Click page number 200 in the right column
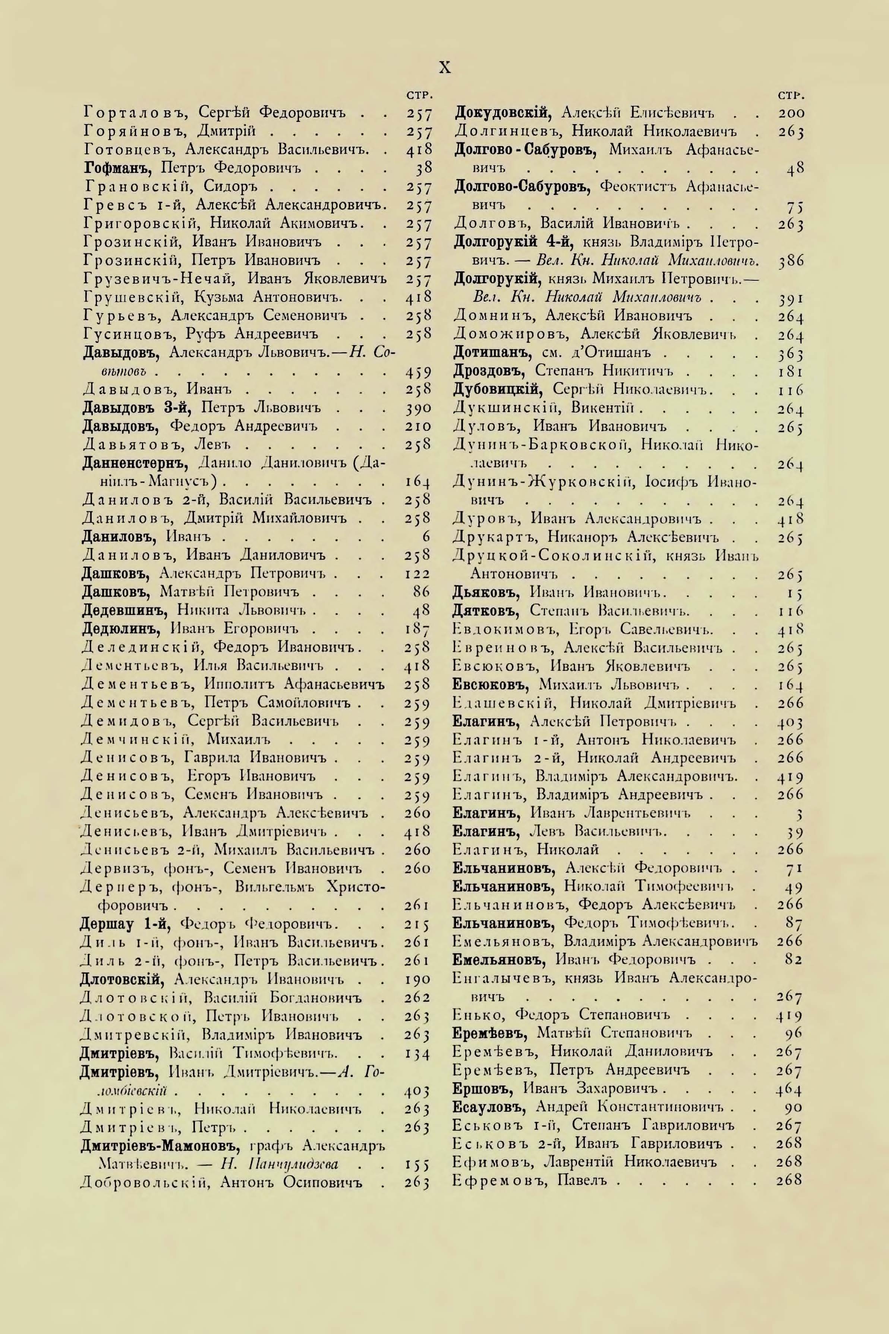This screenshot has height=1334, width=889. [x=791, y=113]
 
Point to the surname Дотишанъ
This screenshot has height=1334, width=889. [x=492, y=353]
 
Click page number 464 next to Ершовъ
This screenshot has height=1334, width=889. [x=789, y=1089]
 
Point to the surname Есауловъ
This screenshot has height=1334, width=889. [x=491, y=1107]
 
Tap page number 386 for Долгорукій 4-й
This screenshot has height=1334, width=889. [x=790, y=261]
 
